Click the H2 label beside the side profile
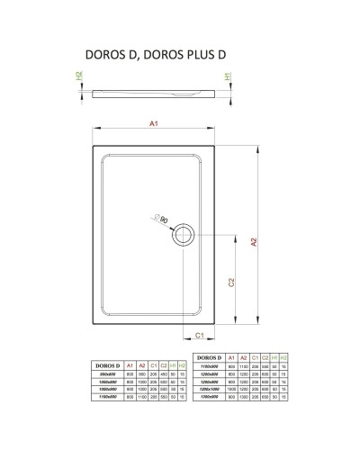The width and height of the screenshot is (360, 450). point(79,79)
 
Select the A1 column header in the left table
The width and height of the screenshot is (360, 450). point(131,365)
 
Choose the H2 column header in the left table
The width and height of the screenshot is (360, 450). point(184,365)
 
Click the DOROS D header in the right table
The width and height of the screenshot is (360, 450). point(211,359)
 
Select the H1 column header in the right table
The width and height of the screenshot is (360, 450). point(274,359)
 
